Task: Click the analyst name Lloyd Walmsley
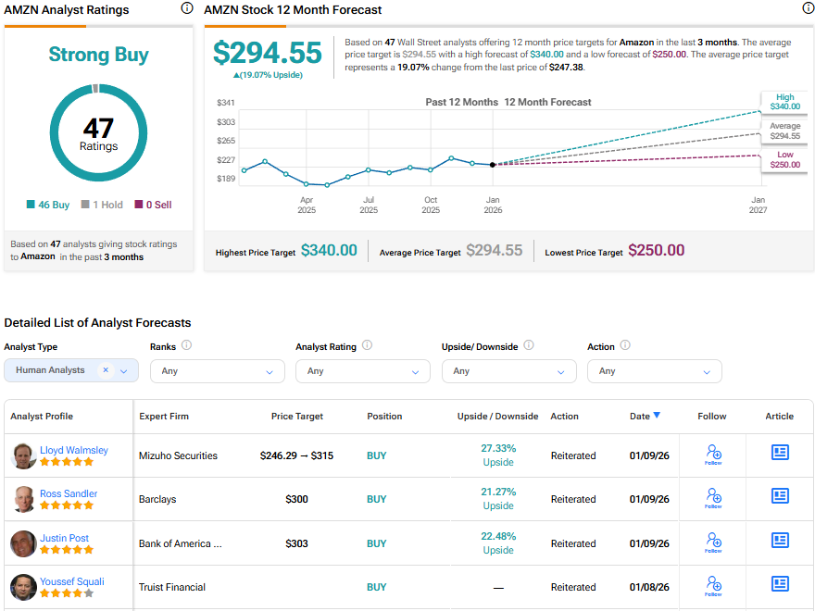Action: (73, 450)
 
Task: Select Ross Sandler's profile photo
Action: (24, 499)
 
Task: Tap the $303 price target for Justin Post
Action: (296, 543)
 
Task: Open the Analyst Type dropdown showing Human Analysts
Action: (71, 370)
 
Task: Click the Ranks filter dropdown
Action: (217, 370)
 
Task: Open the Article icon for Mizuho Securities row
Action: (780, 453)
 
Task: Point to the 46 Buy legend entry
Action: (48, 205)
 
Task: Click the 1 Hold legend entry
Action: (102, 205)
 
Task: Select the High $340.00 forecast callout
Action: (784, 102)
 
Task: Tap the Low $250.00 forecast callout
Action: (784, 159)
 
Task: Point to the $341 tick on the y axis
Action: (226, 103)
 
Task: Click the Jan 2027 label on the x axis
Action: (758, 205)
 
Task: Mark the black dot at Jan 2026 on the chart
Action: (492, 165)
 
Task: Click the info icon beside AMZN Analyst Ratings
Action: (187, 8)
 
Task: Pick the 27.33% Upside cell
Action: (498, 455)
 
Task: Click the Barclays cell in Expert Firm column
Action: (157, 499)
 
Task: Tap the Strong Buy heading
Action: (98, 55)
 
